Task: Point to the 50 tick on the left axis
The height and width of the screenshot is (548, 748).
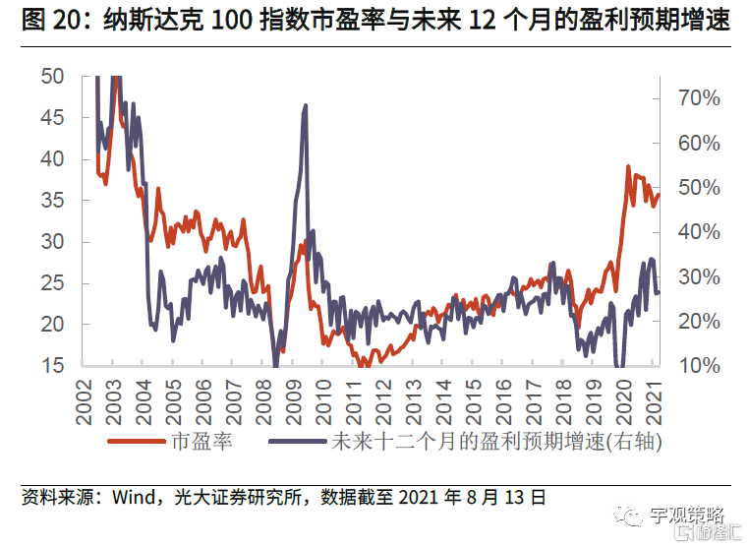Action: pos(53,77)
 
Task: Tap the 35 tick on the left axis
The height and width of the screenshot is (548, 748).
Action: pos(53,201)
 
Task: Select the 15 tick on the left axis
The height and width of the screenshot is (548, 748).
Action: pos(53,366)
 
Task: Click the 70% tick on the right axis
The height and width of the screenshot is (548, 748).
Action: pos(700,98)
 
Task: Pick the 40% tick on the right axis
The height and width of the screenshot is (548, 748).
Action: pos(700,232)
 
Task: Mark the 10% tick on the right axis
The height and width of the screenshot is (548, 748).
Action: pos(700,366)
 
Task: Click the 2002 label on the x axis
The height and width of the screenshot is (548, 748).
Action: pos(83,397)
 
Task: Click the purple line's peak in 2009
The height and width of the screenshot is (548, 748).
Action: pos(306,105)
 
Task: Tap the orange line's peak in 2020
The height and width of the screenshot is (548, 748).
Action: pos(627,166)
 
